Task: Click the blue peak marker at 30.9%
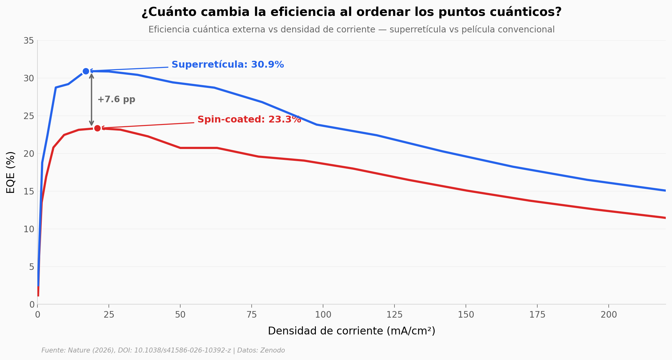pos(86,71)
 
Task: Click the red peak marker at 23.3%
pos(98,128)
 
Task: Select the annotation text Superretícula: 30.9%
pos(228,65)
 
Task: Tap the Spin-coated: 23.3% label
pos(249,120)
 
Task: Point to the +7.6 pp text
pos(116,100)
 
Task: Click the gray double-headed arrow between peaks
pos(92,100)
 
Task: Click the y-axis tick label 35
pos(29,41)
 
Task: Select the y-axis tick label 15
pos(29,191)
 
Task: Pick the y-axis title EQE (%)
pos(11,172)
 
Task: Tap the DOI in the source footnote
pos(175,351)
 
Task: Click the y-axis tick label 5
pos(31,267)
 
